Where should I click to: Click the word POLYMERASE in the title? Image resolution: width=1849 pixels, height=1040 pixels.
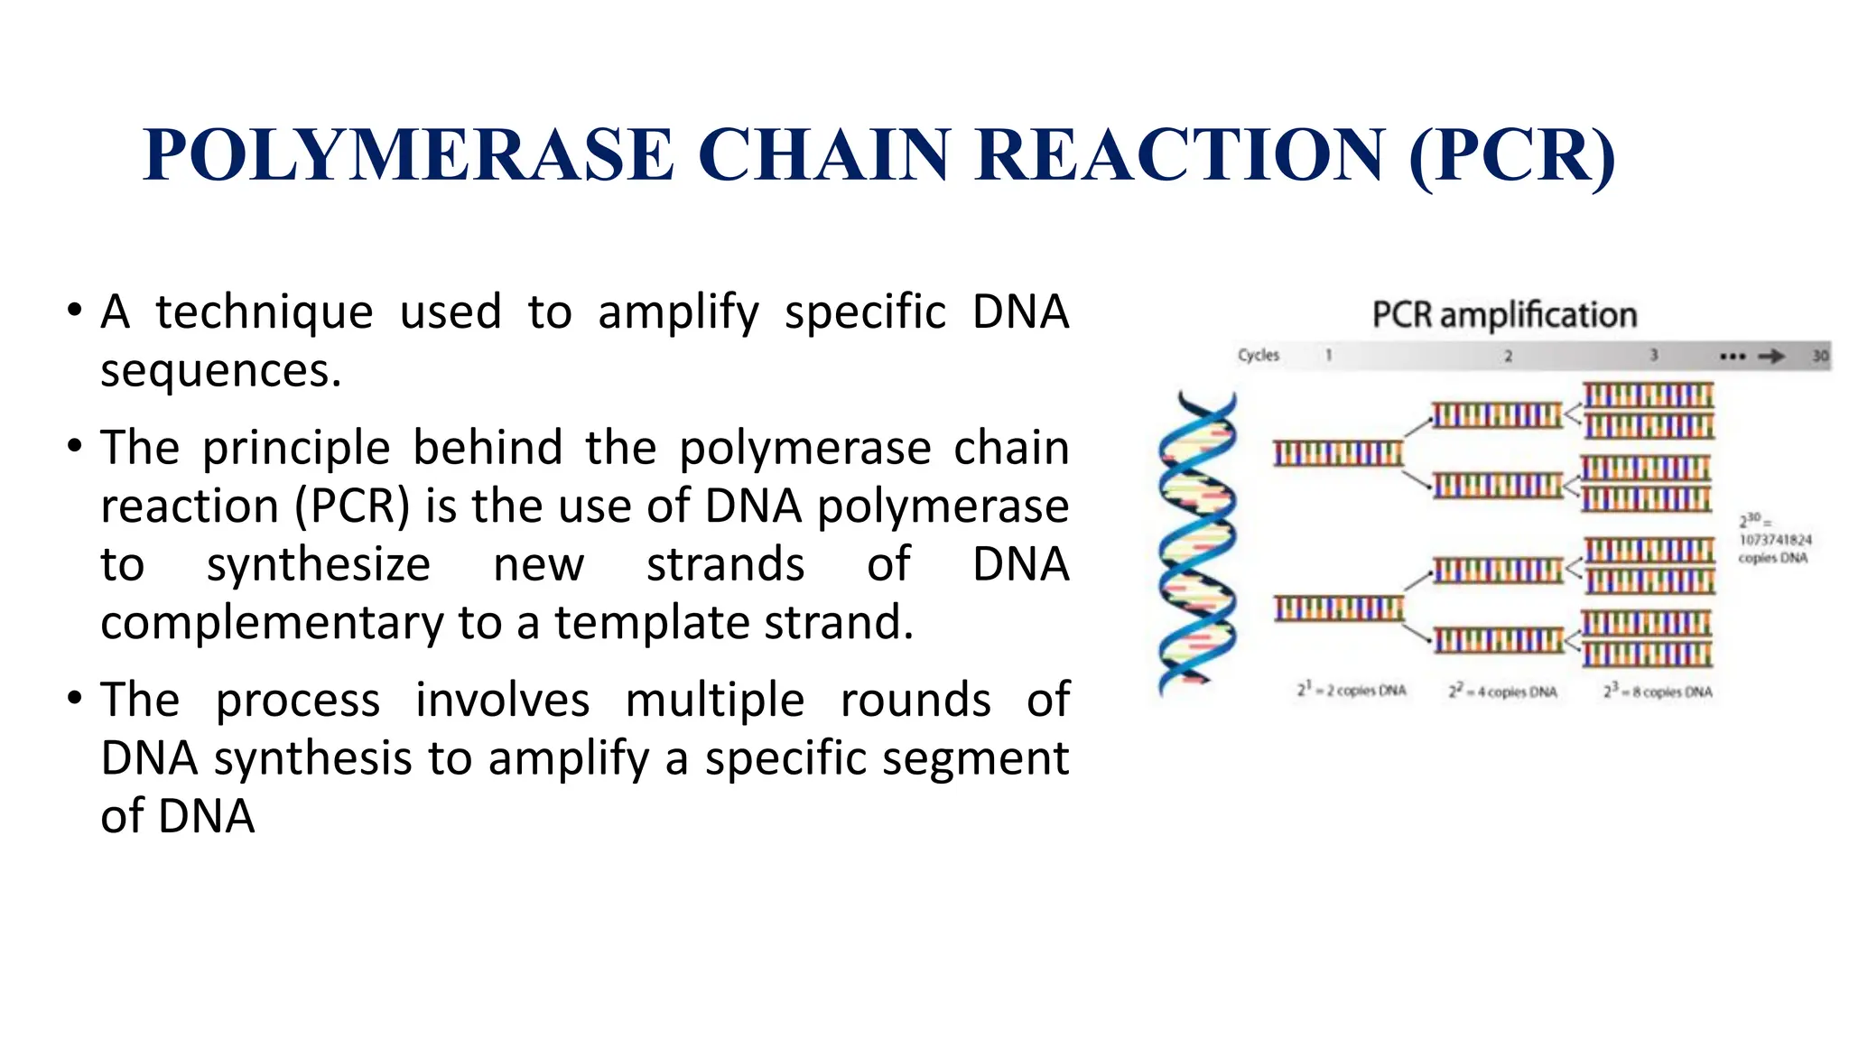point(408,155)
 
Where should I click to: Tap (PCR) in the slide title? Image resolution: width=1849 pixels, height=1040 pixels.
point(1512,155)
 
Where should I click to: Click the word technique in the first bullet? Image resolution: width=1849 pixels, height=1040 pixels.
point(264,312)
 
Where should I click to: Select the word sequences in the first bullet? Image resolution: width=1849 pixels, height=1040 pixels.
point(220,371)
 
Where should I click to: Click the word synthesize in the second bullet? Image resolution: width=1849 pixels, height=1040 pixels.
point(318,565)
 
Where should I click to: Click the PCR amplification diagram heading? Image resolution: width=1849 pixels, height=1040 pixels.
point(1504,315)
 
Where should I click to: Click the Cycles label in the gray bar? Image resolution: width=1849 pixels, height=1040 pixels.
point(1258,355)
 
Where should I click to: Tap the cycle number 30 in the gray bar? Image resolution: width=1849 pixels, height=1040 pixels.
point(1820,356)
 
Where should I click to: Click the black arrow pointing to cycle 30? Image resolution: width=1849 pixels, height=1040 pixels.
point(1770,356)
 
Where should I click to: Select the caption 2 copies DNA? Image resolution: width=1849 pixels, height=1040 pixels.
point(1352,691)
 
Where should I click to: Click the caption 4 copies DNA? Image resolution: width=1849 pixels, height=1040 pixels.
point(1503,692)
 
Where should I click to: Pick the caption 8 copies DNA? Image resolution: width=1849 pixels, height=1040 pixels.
point(1658,692)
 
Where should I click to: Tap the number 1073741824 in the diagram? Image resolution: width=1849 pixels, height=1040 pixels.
point(1775,540)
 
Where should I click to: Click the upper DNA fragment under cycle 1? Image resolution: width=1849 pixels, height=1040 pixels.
point(1338,453)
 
